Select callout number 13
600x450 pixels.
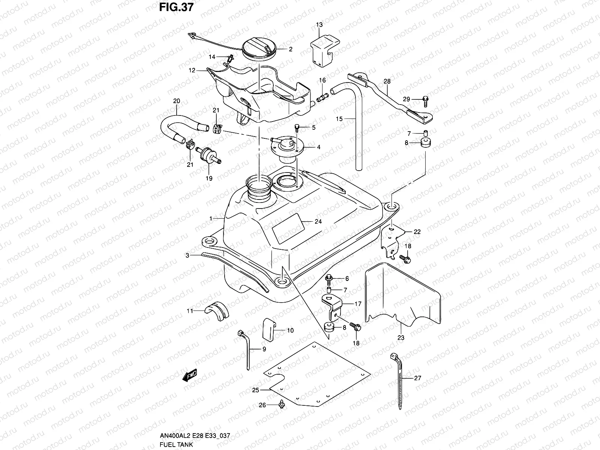coord(319,25)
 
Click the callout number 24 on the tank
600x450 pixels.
coord(318,222)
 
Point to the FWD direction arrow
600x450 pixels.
coord(190,376)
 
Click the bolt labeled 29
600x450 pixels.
coord(426,99)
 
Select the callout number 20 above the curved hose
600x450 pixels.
coord(176,101)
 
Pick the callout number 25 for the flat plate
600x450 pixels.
coord(255,390)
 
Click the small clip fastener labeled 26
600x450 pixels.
coord(282,404)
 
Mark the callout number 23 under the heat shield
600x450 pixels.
coord(401,337)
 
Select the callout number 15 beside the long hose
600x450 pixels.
coord(339,119)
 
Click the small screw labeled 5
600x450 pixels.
coord(297,128)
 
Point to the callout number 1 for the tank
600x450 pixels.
coord(211,218)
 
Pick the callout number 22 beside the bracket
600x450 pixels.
coord(417,232)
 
